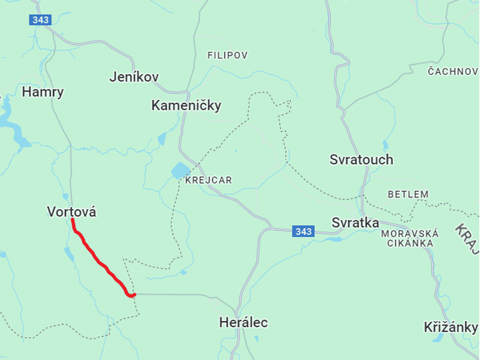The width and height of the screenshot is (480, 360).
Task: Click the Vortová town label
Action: point(71,212)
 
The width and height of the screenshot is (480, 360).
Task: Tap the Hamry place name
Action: point(43,92)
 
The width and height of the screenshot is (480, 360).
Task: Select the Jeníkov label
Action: point(133,76)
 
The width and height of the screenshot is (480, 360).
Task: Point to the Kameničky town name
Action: point(186,106)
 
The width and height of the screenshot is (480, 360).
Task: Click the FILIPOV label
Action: point(227,55)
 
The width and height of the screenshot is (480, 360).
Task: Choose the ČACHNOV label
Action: point(452,71)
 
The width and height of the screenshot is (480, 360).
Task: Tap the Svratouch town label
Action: point(361,160)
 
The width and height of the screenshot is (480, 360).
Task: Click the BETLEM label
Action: point(408,194)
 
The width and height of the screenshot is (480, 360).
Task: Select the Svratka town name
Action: point(355,223)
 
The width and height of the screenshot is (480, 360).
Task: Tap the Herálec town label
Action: point(243,322)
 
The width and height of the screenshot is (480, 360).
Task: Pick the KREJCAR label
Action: point(208,180)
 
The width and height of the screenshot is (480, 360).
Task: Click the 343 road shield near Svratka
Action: point(303,231)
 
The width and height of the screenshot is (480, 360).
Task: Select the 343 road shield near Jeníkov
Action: point(40,20)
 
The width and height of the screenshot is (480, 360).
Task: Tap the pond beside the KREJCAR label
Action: point(181,171)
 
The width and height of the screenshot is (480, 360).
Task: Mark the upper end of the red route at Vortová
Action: point(73,220)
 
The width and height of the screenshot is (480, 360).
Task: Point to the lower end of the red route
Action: point(133,295)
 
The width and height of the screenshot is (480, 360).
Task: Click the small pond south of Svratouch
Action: point(385,145)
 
